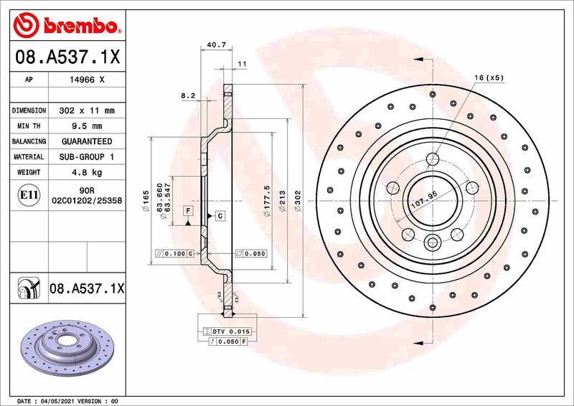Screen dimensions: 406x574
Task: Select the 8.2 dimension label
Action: coord(188,95)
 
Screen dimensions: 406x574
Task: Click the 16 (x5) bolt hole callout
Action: coord(490,77)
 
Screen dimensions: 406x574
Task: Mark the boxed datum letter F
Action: coord(188,211)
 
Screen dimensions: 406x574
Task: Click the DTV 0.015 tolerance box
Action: coord(227,331)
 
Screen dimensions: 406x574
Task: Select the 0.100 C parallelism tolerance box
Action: coord(175,253)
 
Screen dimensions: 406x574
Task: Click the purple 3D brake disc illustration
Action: coord(67,349)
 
